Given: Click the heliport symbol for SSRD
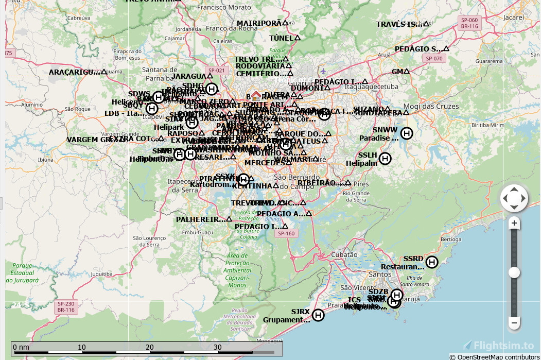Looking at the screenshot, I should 432,262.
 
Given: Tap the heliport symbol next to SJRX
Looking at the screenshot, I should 318,315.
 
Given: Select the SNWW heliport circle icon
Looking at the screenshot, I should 407,133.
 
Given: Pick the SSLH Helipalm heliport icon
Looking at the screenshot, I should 385,159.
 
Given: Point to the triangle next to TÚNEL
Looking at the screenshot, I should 297,38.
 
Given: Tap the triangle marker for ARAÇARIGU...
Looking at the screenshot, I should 104,72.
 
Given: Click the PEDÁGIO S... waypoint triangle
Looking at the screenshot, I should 446,49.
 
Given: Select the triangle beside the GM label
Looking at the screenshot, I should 407,72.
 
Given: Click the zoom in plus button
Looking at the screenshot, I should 514,224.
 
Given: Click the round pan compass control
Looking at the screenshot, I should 514,198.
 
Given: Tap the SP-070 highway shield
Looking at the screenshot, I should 434,59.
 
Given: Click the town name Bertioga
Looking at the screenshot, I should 451,239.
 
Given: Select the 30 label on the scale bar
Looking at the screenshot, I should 218,347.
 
